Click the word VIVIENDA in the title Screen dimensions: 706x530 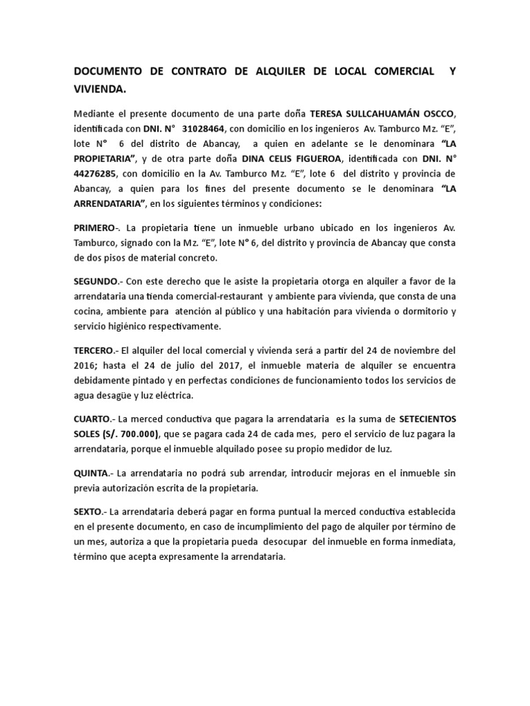click(x=99, y=89)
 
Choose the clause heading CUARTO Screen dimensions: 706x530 click(x=94, y=419)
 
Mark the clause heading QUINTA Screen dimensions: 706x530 click(x=93, y=474)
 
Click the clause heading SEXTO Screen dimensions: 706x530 click(x=90, y=512)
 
